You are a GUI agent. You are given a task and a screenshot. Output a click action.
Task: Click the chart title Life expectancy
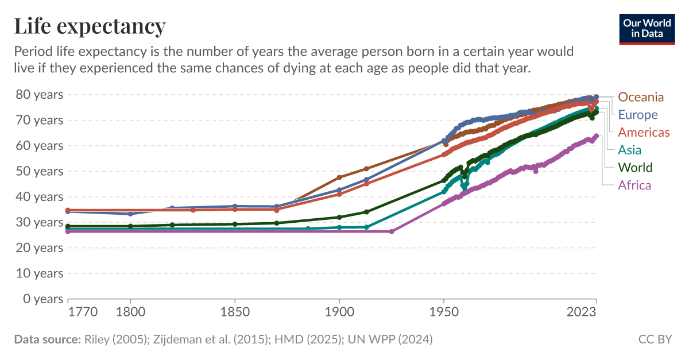point(90,26)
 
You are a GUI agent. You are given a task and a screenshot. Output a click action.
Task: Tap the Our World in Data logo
point(647,28)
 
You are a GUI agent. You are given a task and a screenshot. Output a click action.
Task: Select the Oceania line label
point(641,97)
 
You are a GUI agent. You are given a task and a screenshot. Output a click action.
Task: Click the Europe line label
point(638,115)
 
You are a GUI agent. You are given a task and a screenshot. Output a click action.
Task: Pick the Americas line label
point(644,133)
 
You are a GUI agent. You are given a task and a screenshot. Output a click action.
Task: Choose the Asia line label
point(629,150)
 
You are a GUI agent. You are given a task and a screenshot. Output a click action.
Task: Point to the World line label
point(635,168)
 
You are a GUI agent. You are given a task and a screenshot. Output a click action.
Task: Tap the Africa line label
point(634,185)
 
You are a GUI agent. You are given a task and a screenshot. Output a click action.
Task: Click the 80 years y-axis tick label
point(39,95)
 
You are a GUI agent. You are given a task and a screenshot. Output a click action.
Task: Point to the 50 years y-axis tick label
point(39,171)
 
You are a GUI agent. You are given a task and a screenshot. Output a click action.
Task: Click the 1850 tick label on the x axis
point(235,313)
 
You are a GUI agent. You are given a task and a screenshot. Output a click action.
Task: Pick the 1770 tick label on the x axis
point(83,313)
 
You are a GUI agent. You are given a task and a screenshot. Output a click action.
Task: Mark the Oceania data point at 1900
point(339,177)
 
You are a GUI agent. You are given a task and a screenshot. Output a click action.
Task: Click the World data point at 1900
point(339,217)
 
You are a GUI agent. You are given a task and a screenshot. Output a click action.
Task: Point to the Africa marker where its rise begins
point(392,231)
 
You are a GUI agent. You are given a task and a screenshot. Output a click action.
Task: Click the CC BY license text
point(655,339)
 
